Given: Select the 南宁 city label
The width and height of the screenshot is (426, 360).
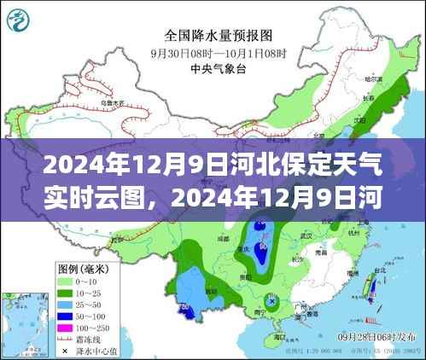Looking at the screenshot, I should coord(253,309).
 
